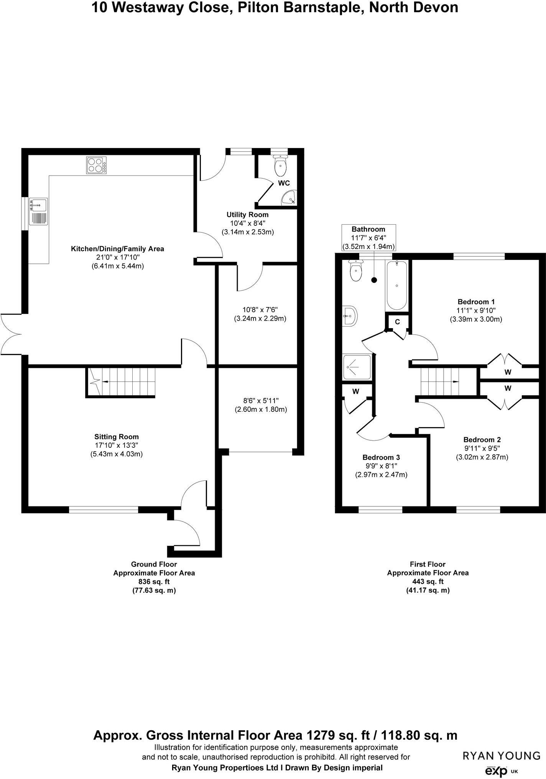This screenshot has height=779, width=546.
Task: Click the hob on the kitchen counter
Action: (x=96, y=166)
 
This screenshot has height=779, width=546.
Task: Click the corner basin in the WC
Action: (x=289, y=198)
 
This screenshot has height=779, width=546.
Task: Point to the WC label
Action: (x=284, y=183)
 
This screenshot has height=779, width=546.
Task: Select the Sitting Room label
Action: (x=117, y=437)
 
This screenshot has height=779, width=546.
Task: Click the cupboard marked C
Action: (x=397, y=322)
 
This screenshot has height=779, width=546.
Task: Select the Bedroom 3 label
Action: (x=381, y=457)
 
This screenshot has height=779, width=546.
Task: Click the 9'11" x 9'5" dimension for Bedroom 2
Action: (x=482, y=449)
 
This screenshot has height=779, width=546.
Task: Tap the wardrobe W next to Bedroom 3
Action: (x=355, y=391)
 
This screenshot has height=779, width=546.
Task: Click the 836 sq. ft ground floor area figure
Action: (x=154, y=582)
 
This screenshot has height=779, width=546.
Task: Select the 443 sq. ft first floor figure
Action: (x=428, y=582)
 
